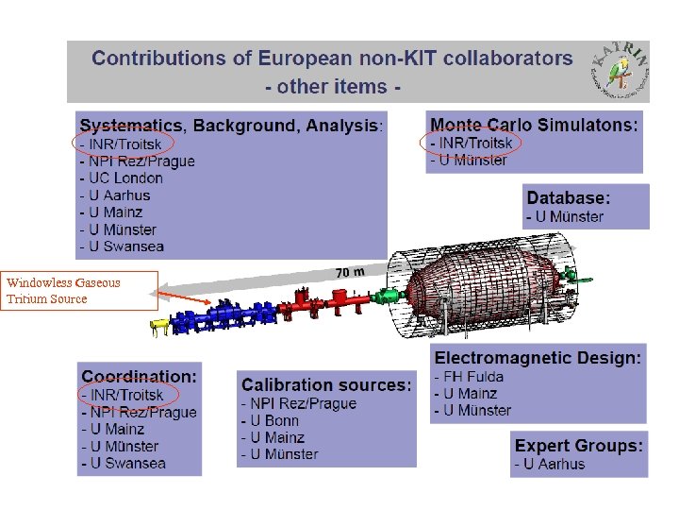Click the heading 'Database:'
569,198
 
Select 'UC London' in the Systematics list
122,178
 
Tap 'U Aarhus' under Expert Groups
550,463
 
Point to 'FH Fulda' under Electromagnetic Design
470,376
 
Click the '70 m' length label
350,272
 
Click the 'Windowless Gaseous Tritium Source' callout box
79,290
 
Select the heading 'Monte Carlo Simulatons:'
533,124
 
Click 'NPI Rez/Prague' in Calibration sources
299,403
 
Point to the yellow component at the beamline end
161,327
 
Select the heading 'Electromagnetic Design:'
538,358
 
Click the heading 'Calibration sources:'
326,384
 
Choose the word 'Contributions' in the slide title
157,58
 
